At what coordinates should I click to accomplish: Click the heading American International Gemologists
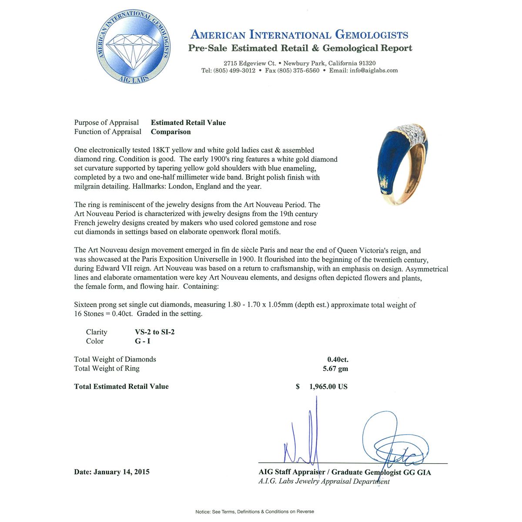pyautogui.click(x=299, y=35)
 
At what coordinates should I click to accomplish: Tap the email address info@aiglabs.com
pyautogui.click(x=374, y=70)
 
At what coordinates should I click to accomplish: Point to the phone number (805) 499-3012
pyautogui.click(x=234, y=70)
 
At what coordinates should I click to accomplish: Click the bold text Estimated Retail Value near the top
pyautogui.click(x=188, y=123)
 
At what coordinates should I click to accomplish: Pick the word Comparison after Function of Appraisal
pyautogui.click(x=171, y=132)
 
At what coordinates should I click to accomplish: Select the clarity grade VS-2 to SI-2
pyautogui.click(x=155, y=332)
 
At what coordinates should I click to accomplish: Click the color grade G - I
pyautogui.click(x=142, y=341)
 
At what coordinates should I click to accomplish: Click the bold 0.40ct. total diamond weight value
pyautogui.click(x=338, y=359)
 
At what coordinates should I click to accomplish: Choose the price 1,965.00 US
pyautogui.click(x=328, y=387)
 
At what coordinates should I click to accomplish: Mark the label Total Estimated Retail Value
pyautogui.click(x=121, y=386)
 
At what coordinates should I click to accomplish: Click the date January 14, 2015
pyautogui.click(x=121, y=472)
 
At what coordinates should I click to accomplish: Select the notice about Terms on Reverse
pyautogui.click(x=254, y=512)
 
